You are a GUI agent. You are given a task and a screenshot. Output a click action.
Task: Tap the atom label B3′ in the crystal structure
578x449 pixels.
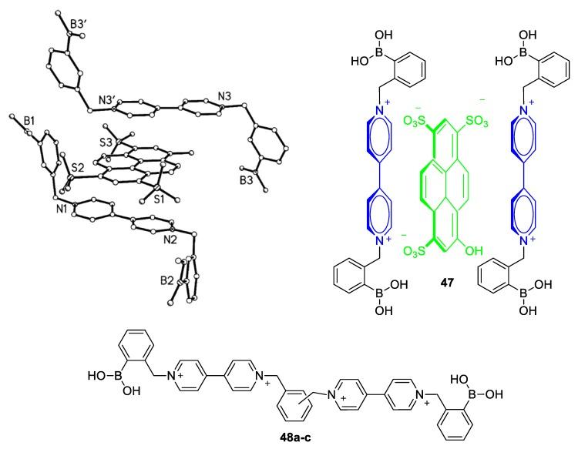point(80,24)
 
